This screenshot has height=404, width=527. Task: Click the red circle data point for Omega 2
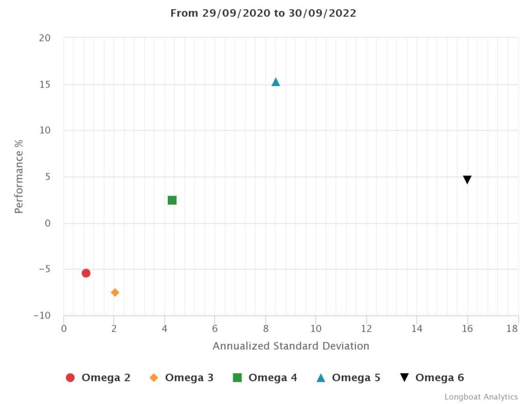pos(86,273)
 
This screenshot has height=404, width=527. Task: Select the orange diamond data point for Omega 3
pos(115,292)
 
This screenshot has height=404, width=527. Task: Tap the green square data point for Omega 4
pos(172,200)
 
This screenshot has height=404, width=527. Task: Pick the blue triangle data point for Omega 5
pos(275,82)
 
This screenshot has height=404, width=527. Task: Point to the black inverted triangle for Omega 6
pos(467,180)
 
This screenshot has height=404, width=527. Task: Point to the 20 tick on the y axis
pos(45,38)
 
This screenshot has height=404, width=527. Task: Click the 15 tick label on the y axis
pos(45,84)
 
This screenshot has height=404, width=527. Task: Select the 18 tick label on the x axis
pos(512,328)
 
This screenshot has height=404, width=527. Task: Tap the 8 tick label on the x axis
pos(266,328)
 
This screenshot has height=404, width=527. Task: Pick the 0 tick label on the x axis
pos(64,328)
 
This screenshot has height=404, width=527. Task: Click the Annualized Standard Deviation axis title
pos(291,346)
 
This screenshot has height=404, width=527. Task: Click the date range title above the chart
pos(263,13)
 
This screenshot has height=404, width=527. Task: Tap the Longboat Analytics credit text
pos(481,397)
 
